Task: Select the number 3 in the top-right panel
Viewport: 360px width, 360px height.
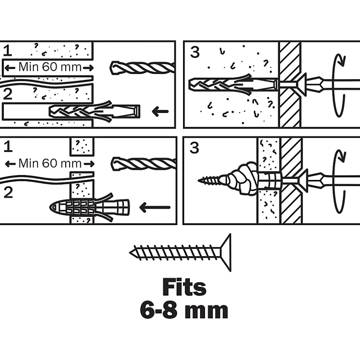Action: tap(195, 52)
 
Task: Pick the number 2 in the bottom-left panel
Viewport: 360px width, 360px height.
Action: tap(8, 192)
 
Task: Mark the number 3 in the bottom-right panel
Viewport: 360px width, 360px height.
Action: tap(195, 147)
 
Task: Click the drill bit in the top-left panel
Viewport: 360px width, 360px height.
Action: tap(142, 67)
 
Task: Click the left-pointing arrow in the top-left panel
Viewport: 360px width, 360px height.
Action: tap(160, 112)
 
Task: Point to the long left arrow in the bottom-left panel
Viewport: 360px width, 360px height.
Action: tap(155, 208)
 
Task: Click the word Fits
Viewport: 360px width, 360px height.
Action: tap(184, 287)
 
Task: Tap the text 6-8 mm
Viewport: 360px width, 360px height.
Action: tap(184, 310)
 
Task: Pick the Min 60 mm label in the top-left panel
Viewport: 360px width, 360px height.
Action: tap(49, 67)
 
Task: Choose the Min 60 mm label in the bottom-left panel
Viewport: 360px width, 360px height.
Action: tap(49, 164)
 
